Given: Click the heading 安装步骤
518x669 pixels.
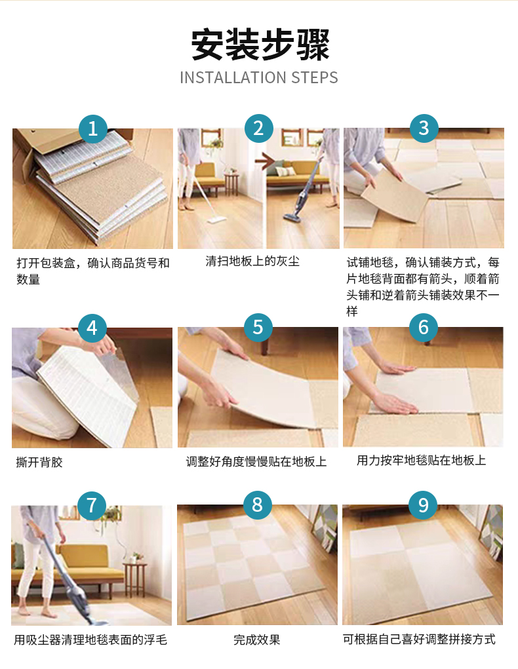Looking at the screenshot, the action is (x=260, y=45).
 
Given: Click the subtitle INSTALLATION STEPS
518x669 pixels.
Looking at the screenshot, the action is (x=259, y=78).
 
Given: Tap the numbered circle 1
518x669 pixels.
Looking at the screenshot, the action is (x=92, y=128).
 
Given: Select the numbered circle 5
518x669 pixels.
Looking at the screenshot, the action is (x=258, y=327).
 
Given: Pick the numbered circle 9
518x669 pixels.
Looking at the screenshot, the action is (x=423, y=505).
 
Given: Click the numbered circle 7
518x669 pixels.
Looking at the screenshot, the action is (x=92, y=506).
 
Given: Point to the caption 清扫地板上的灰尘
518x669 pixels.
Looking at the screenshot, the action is (x=252, y=261).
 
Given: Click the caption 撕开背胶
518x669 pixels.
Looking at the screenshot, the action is (x=39, y=462).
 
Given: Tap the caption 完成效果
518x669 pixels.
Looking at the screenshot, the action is (x=256, y=640).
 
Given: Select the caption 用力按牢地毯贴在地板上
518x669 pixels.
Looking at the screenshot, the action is (x=422, y=460).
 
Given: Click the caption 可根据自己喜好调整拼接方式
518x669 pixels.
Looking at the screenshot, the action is (x=419, y=639).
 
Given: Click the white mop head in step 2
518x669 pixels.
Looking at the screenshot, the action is (x=217, y=221).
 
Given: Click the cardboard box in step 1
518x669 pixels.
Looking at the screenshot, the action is (x=64, y=145).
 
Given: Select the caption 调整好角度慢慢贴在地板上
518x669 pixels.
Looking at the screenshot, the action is (x=256, y=462).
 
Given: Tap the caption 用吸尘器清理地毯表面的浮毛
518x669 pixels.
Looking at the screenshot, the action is (x=90, y=640).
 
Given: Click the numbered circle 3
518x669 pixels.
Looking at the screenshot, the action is (x=424, y=128).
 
